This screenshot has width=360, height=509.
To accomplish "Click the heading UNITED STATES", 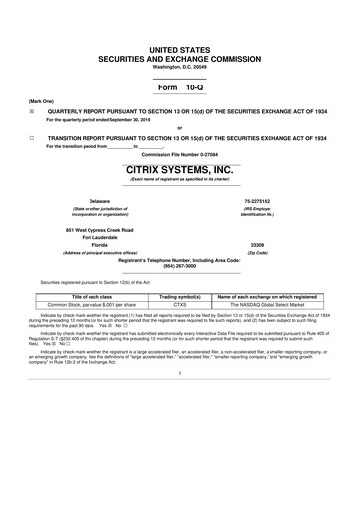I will point(180,48).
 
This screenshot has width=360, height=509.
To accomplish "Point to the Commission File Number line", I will point(179,155).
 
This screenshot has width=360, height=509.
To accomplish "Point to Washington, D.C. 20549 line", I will point(180,66).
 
